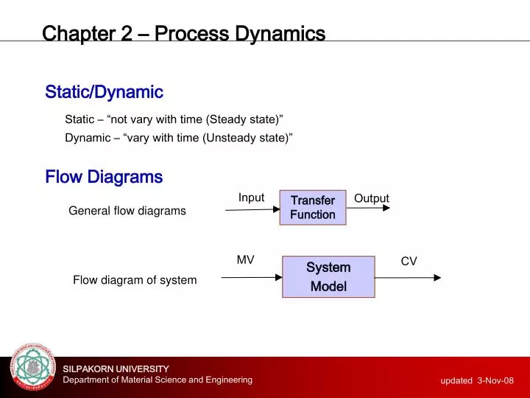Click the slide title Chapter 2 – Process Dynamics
[x=183, y=34]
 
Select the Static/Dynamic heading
[x=104, y=92]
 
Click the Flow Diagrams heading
[x=104, y=177]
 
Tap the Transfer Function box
[x=313, y=207]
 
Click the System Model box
[x=328, y=276]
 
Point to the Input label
[x=251, y=198]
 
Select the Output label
[x=372, y=198]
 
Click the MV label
[x=245, y=259]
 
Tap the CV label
[x=409, y=261]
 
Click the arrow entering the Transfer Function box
[x=252, y=210]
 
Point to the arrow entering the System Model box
[x=251, y=278]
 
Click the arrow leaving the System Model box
[x=408, y=278]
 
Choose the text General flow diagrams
[x=127, y=211]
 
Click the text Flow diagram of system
[x=135, y=280]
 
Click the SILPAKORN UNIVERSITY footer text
[x=116, y=369]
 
